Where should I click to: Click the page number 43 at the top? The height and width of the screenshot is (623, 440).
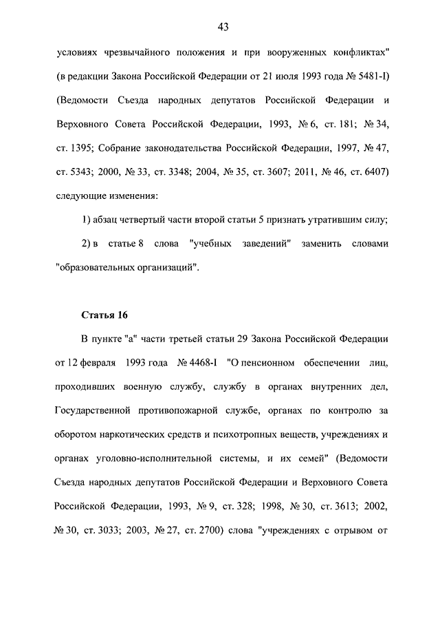[222, 27]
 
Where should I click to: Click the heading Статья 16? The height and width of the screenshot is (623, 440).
[104, 316]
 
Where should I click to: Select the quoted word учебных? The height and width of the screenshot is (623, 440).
[209, 244]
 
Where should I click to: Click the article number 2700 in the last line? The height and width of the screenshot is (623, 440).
[232, 531]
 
